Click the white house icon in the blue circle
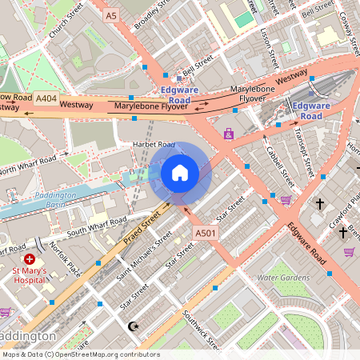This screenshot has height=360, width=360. tap(180, 172)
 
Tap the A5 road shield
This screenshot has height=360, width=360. tap(111, 15)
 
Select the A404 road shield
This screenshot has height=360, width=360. tap(46, 98)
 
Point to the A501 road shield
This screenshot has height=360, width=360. tap(206, 232)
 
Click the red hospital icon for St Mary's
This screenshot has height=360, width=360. tap(30, 259)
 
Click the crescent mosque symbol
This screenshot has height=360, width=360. tap(133, 326)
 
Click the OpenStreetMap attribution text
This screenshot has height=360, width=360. tap(80, 354)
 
